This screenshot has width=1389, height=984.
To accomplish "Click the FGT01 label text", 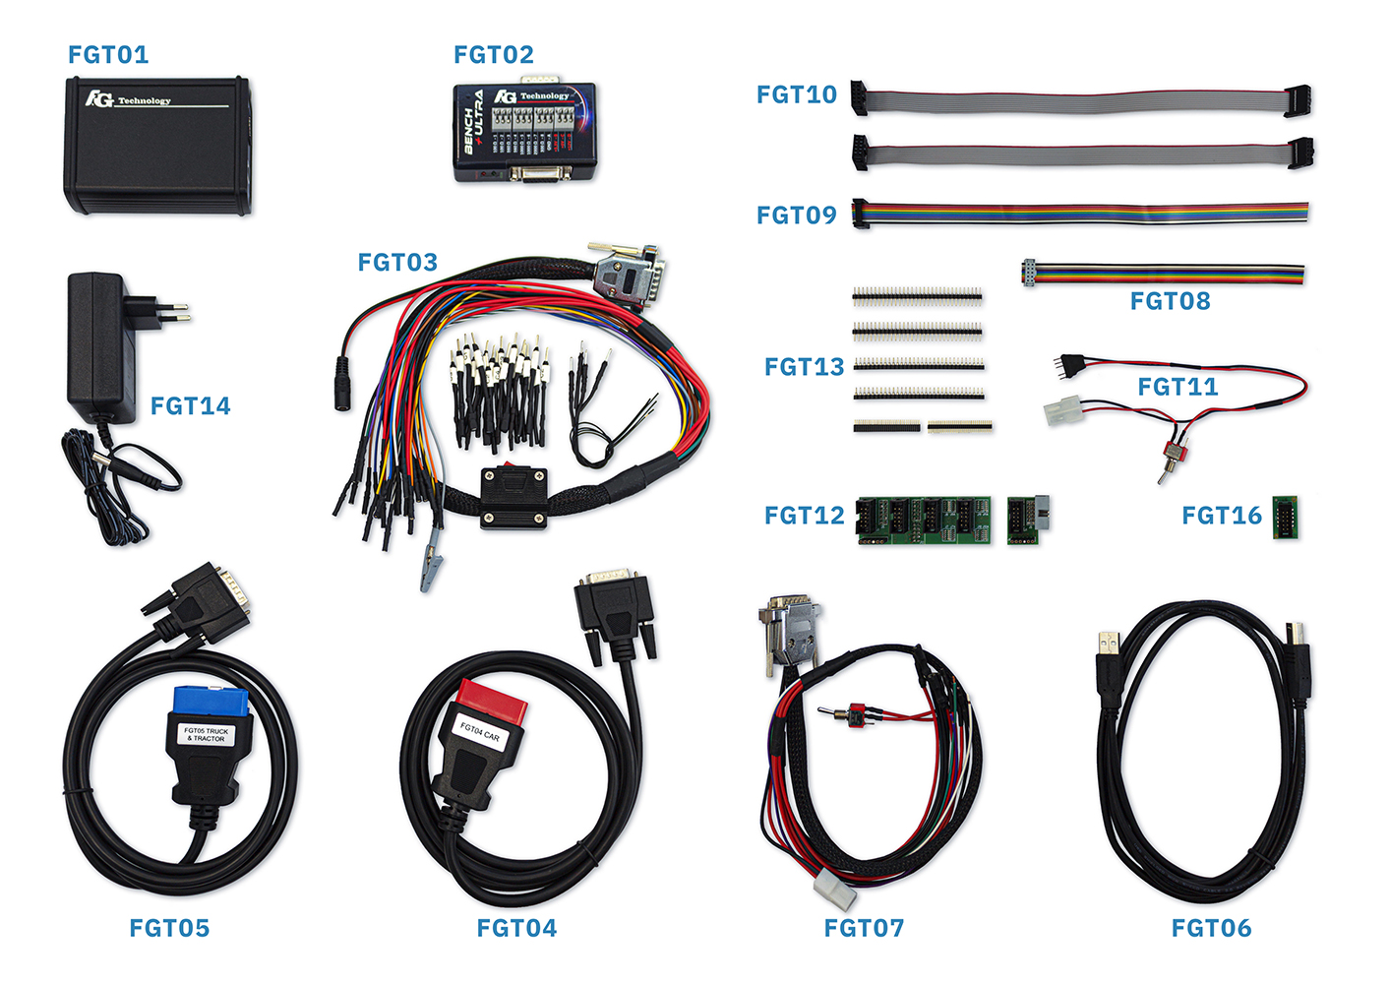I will point(108,55).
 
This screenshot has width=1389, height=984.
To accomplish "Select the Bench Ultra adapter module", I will point(524,133).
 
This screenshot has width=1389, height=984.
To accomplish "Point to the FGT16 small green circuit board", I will point(1285,518).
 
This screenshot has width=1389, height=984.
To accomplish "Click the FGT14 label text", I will point(191,405).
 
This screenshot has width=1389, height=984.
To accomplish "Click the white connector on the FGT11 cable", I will point(1062,411).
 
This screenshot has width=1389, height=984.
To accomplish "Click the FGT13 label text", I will point(805,367).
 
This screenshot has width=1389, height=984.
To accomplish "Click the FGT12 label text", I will point(805,516).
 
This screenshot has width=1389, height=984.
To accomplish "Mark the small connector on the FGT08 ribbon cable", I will point(1030,273).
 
